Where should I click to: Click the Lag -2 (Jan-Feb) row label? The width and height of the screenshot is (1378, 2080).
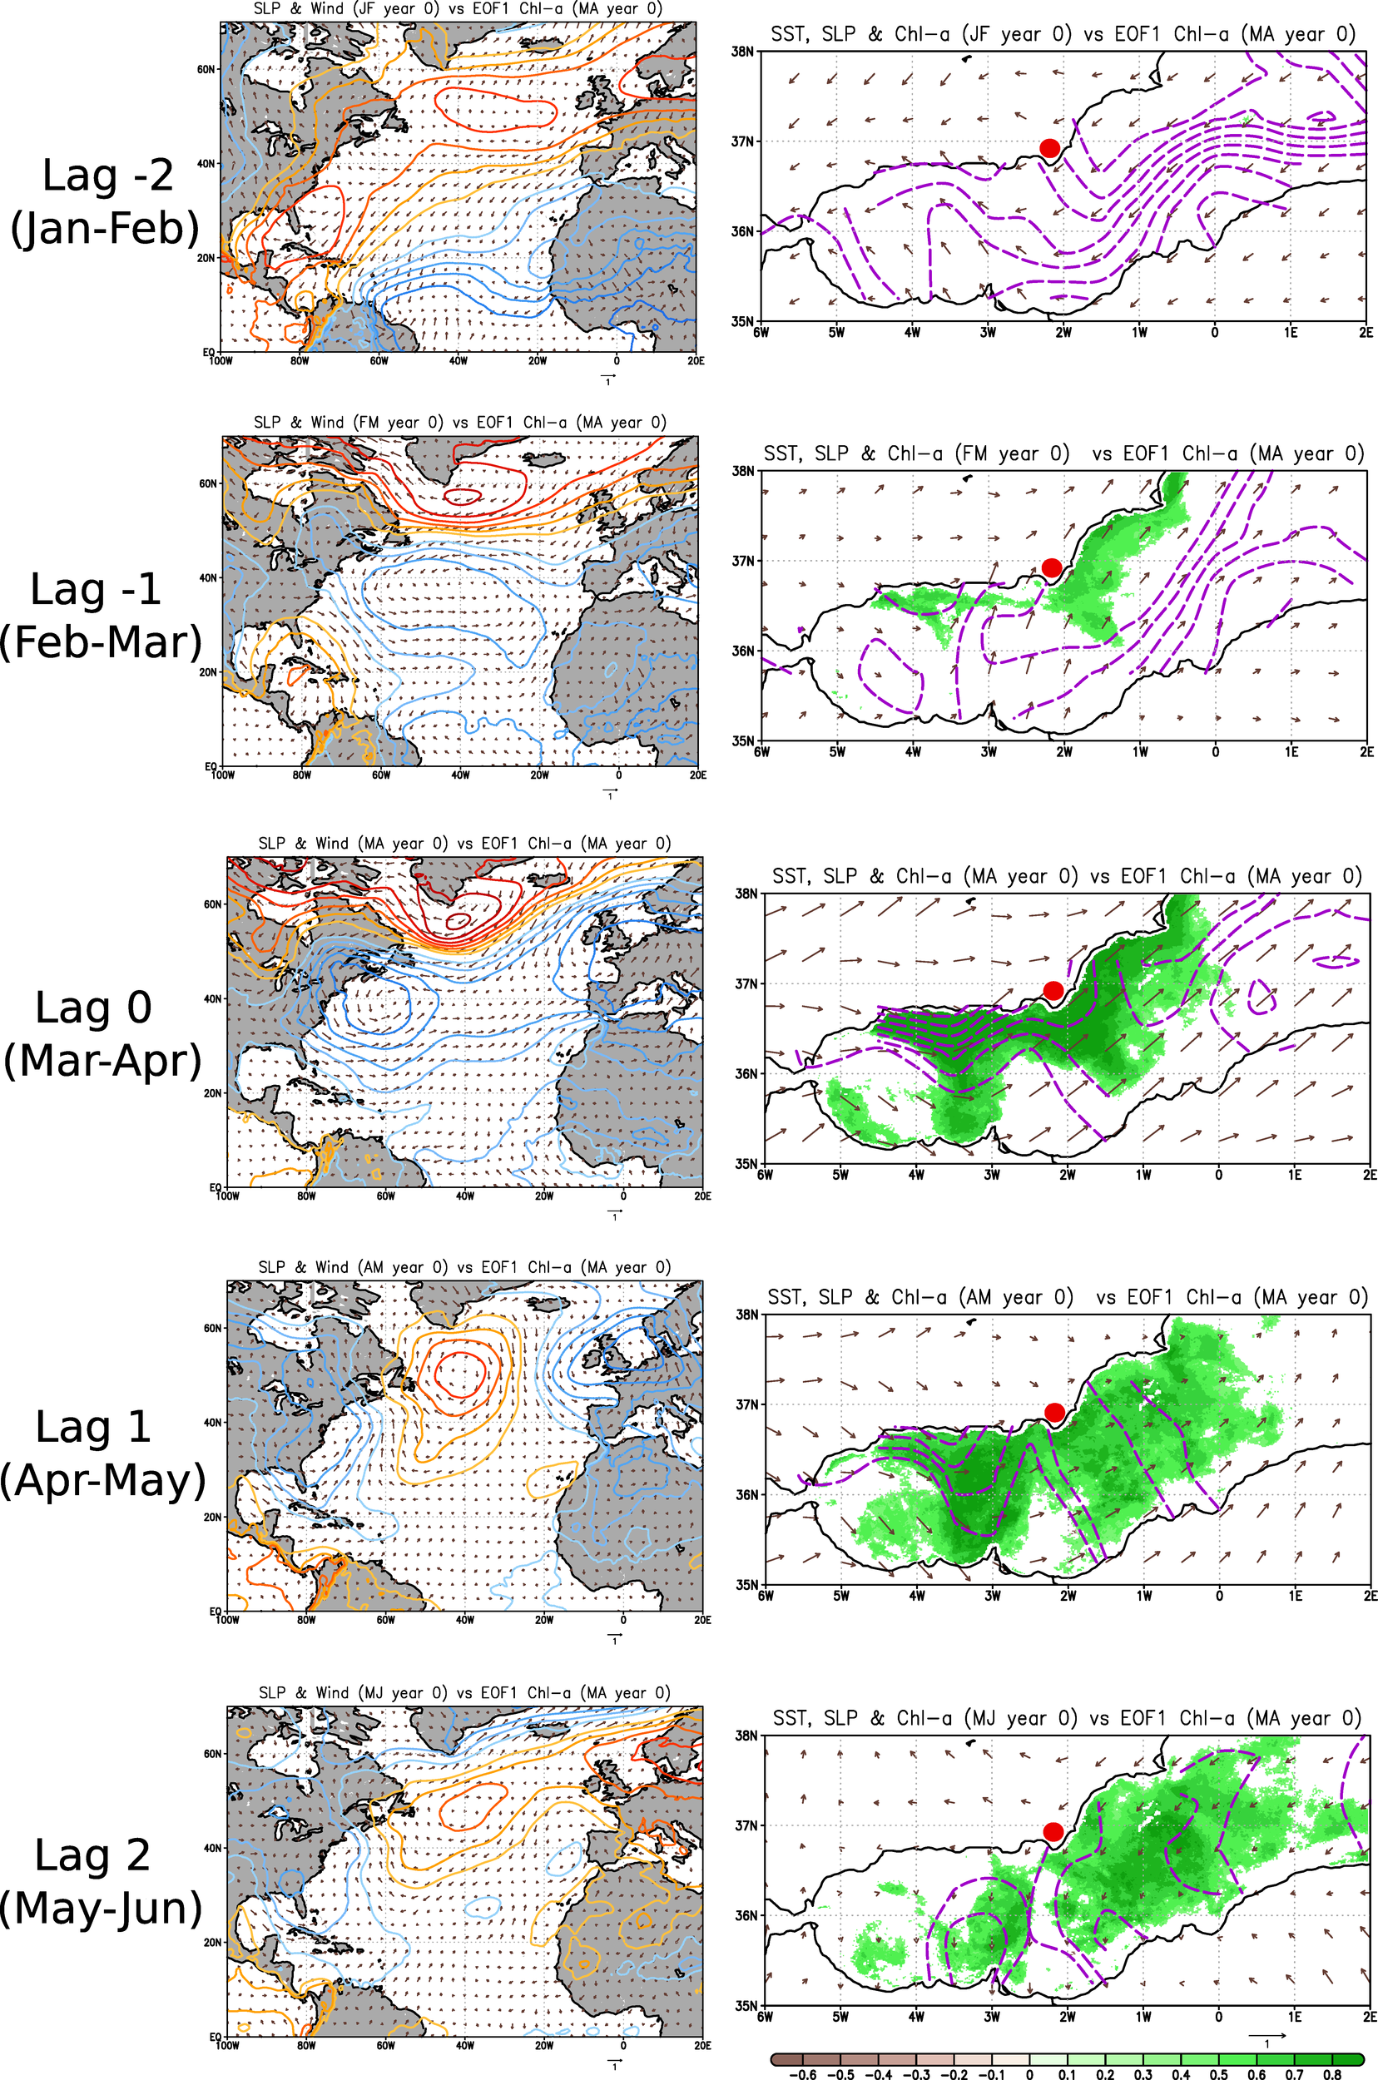coord(106,201)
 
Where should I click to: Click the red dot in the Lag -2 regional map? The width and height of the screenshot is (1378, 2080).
coord(1048,147)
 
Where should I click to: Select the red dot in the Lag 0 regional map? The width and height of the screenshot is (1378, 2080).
coord(1053,990)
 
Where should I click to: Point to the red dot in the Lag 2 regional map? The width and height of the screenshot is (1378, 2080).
coord(1053,1831)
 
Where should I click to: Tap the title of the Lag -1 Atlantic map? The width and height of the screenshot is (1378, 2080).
coord(459,422)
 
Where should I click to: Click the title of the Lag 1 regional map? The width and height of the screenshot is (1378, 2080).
coord(1067,1297)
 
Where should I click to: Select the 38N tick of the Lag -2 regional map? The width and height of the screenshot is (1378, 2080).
coord(742,52)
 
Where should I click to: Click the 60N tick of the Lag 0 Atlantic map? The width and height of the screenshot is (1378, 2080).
coord(213,904)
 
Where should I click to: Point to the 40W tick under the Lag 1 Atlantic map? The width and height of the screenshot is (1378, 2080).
coord(464,1620)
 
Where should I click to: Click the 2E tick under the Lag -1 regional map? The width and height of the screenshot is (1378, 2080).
coord(1365,752)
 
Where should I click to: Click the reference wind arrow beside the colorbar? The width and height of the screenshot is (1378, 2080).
coord(1266,2035)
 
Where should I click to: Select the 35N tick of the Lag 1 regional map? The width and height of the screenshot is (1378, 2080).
coord(746,1584)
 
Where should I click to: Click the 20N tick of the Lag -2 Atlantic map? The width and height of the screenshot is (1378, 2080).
coord(206,259)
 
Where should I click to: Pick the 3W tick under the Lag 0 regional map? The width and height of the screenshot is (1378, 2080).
coord(991,1175)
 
